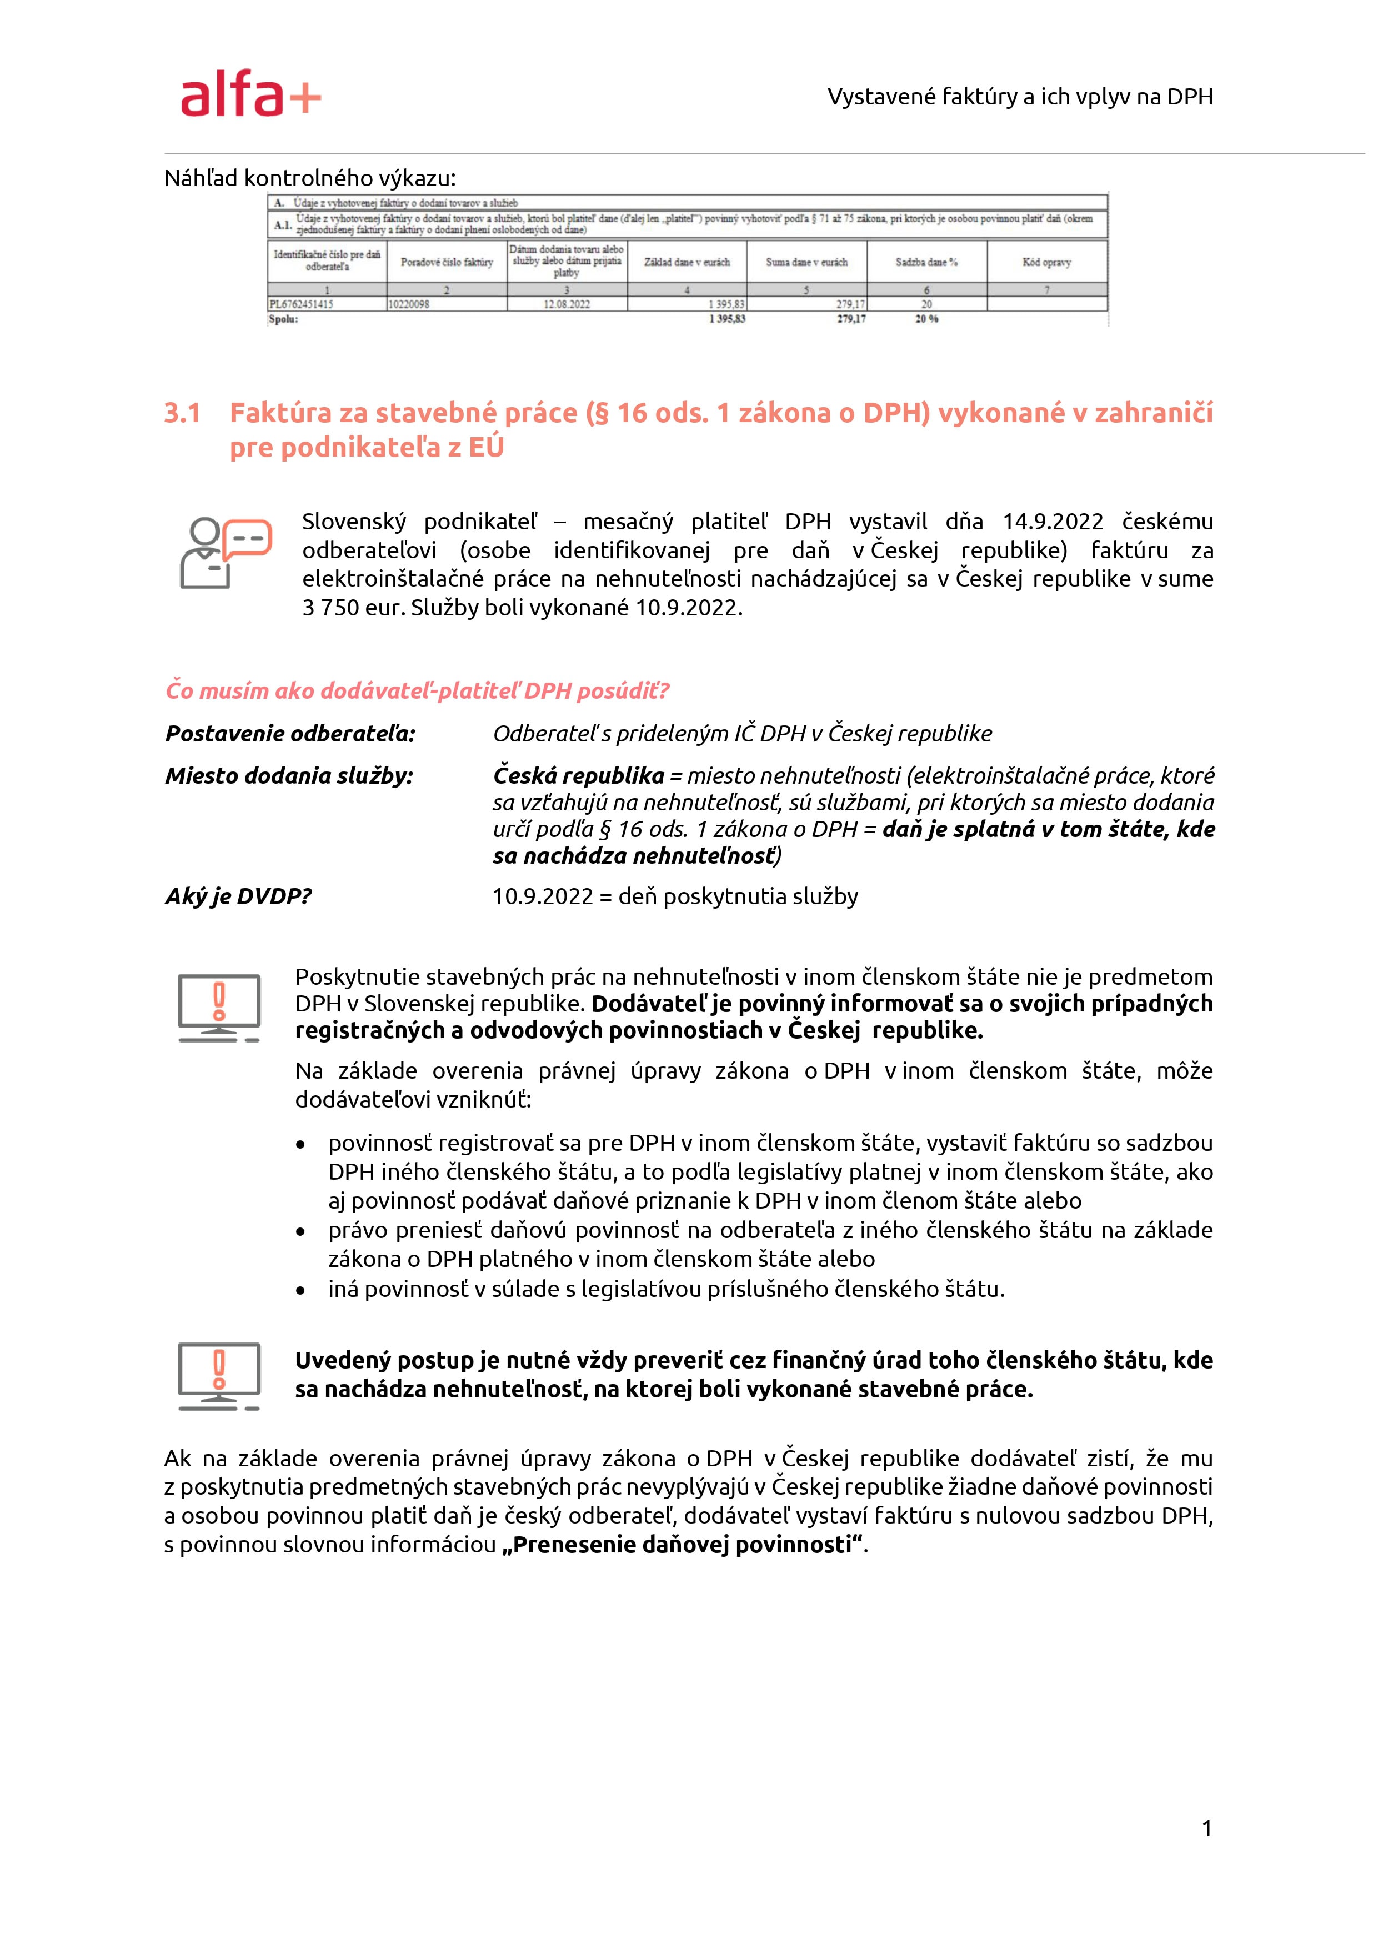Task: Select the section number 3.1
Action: [x=183, y=413]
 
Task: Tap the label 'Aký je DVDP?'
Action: [x=239, y=896]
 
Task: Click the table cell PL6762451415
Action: [x=302, y=304]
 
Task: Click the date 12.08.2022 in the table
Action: [x=567, y=304]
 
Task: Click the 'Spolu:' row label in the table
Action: [x=284, y=319]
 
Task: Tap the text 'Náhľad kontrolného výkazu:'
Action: [x=310, y=178]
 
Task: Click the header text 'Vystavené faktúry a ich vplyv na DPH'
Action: [x=1020, y=97]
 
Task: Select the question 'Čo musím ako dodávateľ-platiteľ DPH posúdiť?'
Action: [x=417, y=691]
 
